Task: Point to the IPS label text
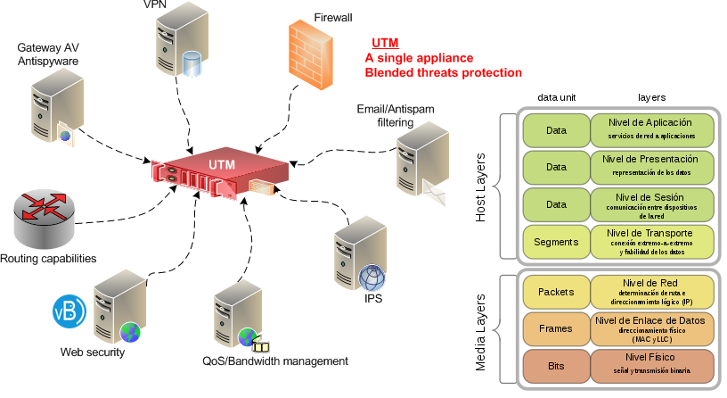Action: click(x=373, y=298)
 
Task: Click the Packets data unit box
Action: click(x=556, y=291)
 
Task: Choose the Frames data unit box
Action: click(x=556, y=328)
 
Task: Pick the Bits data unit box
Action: click(x=556, y=365)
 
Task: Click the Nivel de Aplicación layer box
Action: click(x=652, y=129)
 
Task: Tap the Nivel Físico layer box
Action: click(x=652, y=365)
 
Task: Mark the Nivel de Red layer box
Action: click(x=652, y=291)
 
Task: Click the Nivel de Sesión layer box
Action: click(x=652, y=203)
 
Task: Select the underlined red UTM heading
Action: click(x=385, y=44)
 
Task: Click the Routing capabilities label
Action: click(x=48, y=259)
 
